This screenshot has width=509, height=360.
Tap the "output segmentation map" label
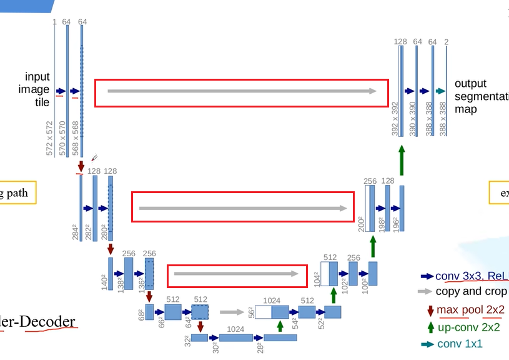(x=478, y=96)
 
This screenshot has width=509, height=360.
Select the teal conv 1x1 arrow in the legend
(x=428, y=344)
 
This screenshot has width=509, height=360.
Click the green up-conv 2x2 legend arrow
(x=430, y=327)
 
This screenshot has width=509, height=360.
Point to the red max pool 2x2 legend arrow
(x=430, y=310)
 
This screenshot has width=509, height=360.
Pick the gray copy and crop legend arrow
(x=425, y=291)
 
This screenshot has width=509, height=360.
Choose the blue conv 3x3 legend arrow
(x=428, y=276)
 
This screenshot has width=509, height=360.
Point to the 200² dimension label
(x=361, y=224)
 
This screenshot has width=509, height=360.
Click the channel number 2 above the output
(x=446, y=42)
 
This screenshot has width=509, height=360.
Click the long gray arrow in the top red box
(x=242, y=91)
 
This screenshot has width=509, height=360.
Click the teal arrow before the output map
(x=440, y=91)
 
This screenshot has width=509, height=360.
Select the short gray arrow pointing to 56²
(x=232, y=311)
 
